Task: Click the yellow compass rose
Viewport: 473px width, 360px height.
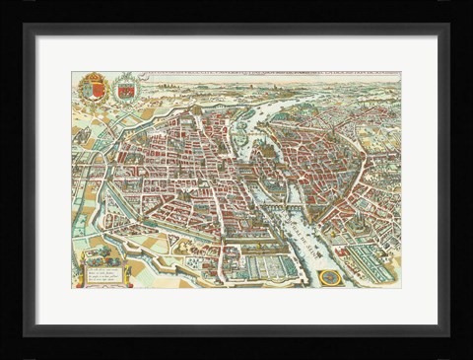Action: pyautogui.click(x=333, y=278)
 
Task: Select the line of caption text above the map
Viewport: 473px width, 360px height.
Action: pyautogui.click(x=266, y=74)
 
